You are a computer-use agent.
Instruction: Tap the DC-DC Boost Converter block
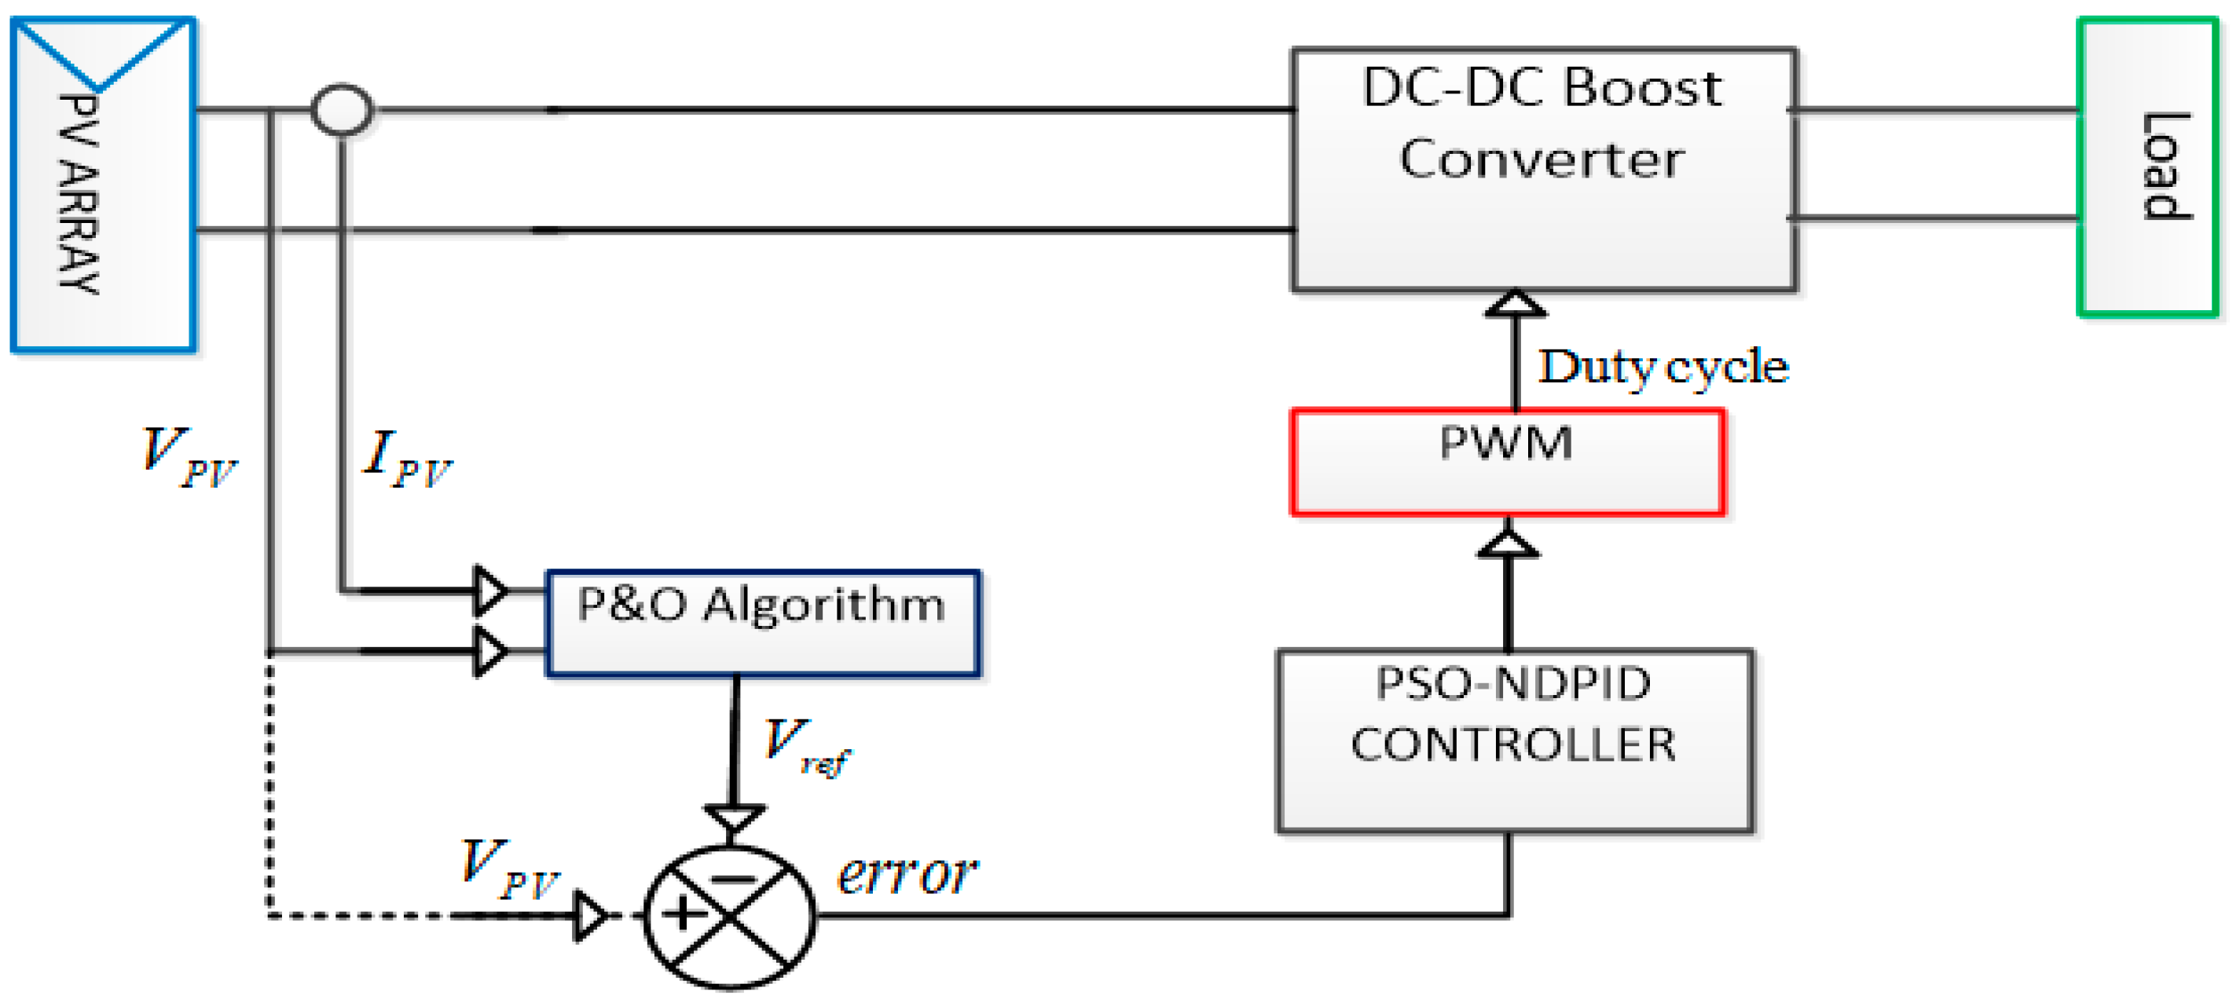1543,170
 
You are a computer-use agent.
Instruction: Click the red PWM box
1507,463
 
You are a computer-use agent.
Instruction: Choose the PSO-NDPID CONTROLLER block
1514,741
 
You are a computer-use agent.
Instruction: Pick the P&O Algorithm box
763,623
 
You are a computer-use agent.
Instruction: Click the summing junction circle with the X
730,916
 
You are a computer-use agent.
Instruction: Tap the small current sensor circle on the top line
342,110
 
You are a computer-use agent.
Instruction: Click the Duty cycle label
1663,366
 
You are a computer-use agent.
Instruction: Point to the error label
906,874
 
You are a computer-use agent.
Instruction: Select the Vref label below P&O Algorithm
805,745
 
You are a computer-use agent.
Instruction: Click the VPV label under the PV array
189,457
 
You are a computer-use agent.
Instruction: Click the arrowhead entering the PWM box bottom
1508,544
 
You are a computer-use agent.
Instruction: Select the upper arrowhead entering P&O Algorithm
490,591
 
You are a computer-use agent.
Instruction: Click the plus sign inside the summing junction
684,914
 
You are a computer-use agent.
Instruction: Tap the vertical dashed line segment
270,782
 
